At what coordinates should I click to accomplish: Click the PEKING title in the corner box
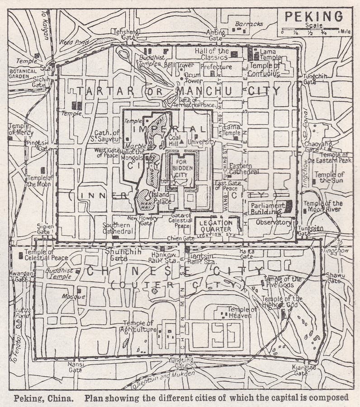point(314,16)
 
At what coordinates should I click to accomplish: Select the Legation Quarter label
point(215,226)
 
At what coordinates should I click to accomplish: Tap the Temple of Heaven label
point(242,312)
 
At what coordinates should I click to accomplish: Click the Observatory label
point(273,222)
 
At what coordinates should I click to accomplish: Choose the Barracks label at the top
point(249,24)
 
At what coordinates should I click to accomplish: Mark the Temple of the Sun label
point(329,177)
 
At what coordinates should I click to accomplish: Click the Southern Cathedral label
point(116,227)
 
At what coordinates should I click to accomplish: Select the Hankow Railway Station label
point(163,258)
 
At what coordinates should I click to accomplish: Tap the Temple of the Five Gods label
point(282,282)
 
